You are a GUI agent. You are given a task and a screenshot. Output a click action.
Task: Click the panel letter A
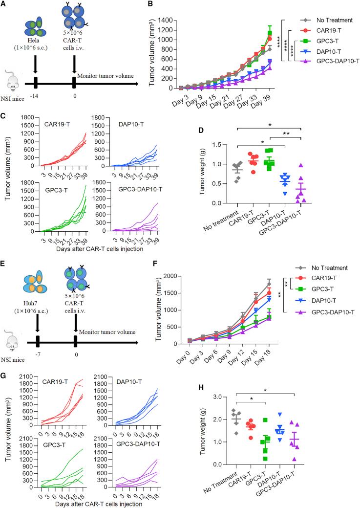[x=4, y=4]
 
